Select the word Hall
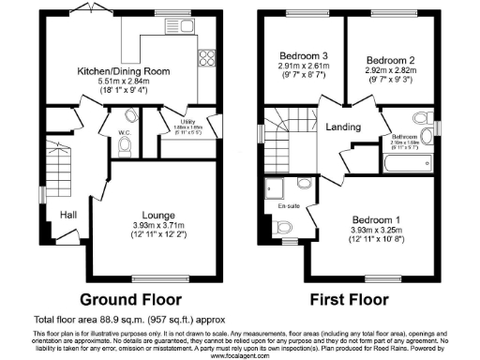tap(68, 214)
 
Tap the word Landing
tap(339, 127)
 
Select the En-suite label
tap(287, 203)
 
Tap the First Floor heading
tap(351, 300)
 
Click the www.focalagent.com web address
tap(240, 355)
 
